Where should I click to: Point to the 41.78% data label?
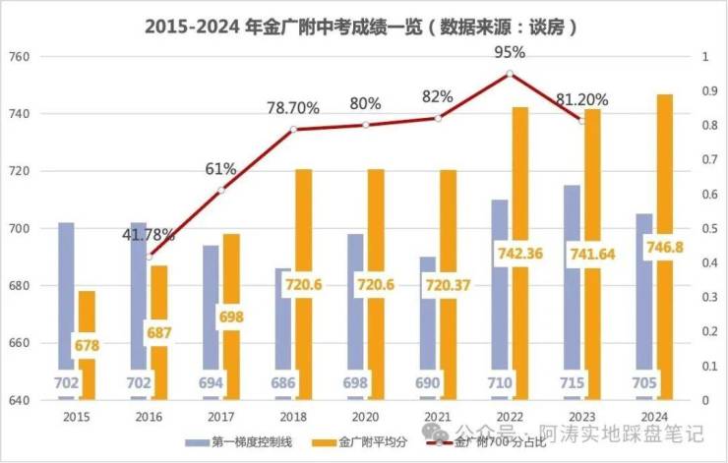(x=149, y=235)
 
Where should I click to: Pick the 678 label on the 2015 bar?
(x=87, y=346)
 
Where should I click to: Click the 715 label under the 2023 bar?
(x=571, y=382)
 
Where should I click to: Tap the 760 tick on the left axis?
(x=20, y=57)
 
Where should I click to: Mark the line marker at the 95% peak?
(x=510, y=74)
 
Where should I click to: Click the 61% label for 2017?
(x=220, y=169)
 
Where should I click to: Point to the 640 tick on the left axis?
(x=20, y=400)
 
